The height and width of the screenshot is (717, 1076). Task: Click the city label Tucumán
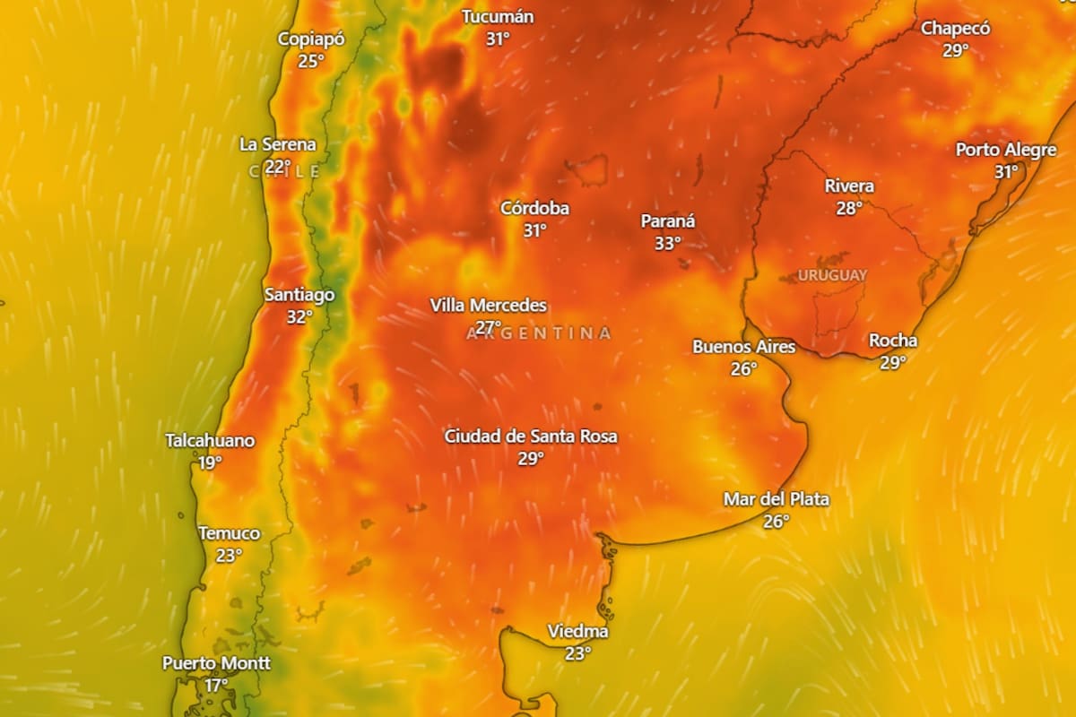[498, 17]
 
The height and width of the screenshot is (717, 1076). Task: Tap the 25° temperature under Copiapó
[311, 61]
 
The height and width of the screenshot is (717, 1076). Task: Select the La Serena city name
[278, 144]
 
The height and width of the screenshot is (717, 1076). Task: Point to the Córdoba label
[534, 209]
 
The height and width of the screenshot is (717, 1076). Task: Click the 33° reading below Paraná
[667, 243]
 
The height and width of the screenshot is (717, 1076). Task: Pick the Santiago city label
[299, 295]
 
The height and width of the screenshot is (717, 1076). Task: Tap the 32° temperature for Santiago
[299, 316]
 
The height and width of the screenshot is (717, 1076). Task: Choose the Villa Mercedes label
[488, 306]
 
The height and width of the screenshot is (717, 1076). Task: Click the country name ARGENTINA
[539, 333]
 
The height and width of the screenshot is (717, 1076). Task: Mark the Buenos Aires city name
[743, 347]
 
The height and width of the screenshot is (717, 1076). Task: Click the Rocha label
[893, 341]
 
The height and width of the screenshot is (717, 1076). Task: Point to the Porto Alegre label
[1006, 150]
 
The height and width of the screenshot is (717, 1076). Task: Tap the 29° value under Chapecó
[956, 50]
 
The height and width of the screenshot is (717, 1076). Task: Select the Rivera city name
[849, 186]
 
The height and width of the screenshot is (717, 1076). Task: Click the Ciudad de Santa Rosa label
[531, 436]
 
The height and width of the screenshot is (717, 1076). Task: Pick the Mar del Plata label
[777, 499]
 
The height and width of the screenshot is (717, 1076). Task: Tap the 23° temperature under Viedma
[578, 653]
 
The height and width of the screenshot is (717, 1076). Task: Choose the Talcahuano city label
[210, 441]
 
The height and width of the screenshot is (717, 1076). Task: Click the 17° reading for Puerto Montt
[216, 685]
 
